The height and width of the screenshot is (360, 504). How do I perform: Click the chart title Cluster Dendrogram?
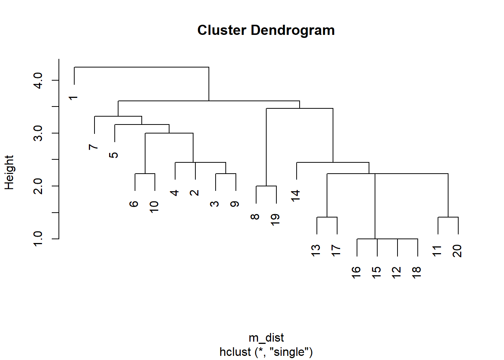coord(266,30)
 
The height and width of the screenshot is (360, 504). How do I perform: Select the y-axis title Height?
coord(9,172)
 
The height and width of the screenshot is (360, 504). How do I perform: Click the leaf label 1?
coord(73,98)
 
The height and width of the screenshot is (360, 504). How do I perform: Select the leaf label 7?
coord(93,147)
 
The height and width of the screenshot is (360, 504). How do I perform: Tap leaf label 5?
coord(113,155)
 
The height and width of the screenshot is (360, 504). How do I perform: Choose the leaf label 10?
coord(154,207)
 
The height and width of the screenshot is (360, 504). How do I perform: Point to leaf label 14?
coord(295,196)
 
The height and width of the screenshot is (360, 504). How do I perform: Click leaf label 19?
coord(275,220)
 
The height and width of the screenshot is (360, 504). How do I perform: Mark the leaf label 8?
coord(255,217)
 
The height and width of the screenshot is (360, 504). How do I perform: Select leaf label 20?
coord(457,251)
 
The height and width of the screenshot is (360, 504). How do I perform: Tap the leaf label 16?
coord(356,273)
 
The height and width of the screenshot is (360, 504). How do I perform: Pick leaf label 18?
coord(417,273)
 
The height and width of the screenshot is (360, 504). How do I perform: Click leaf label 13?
coord(316,250)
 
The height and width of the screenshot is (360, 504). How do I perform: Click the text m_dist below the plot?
coord(266,338)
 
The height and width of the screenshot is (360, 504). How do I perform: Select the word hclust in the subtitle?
coord(235,352)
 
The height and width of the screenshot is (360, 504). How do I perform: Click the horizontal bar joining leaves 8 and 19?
coord(266,186)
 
